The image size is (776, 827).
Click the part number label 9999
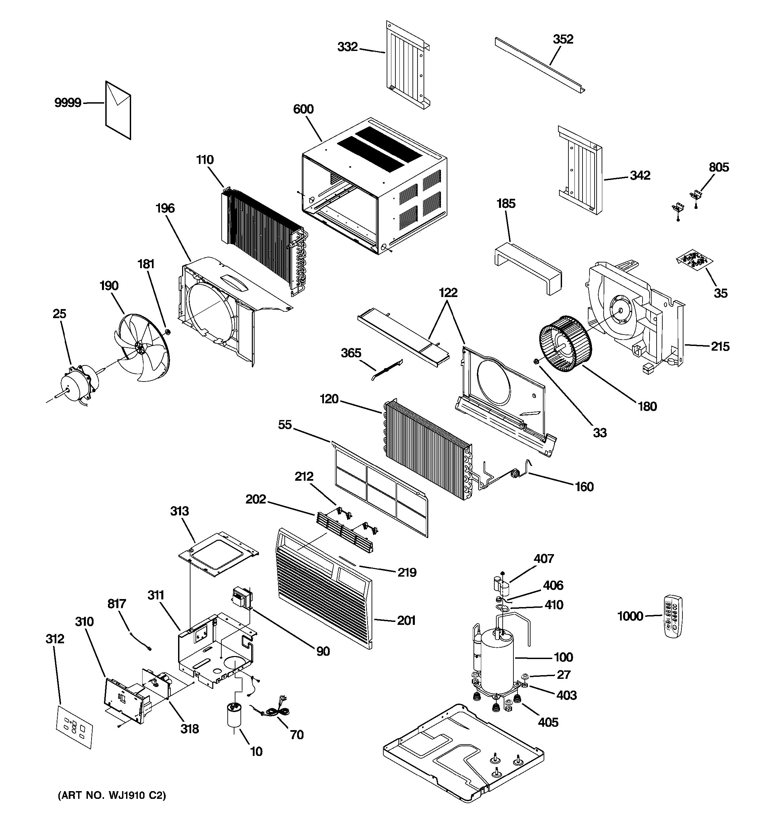click(x=68, y=102)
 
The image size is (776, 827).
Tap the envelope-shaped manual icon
click(x=118, y=110)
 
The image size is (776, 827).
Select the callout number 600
click(x=303, y=109)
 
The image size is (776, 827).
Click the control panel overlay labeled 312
click(x=74, y=727)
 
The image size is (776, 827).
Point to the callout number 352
click(x=563, y=39)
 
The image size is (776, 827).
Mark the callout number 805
click(x=719, y=167)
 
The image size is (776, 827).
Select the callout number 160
click(x=584, y=486)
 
